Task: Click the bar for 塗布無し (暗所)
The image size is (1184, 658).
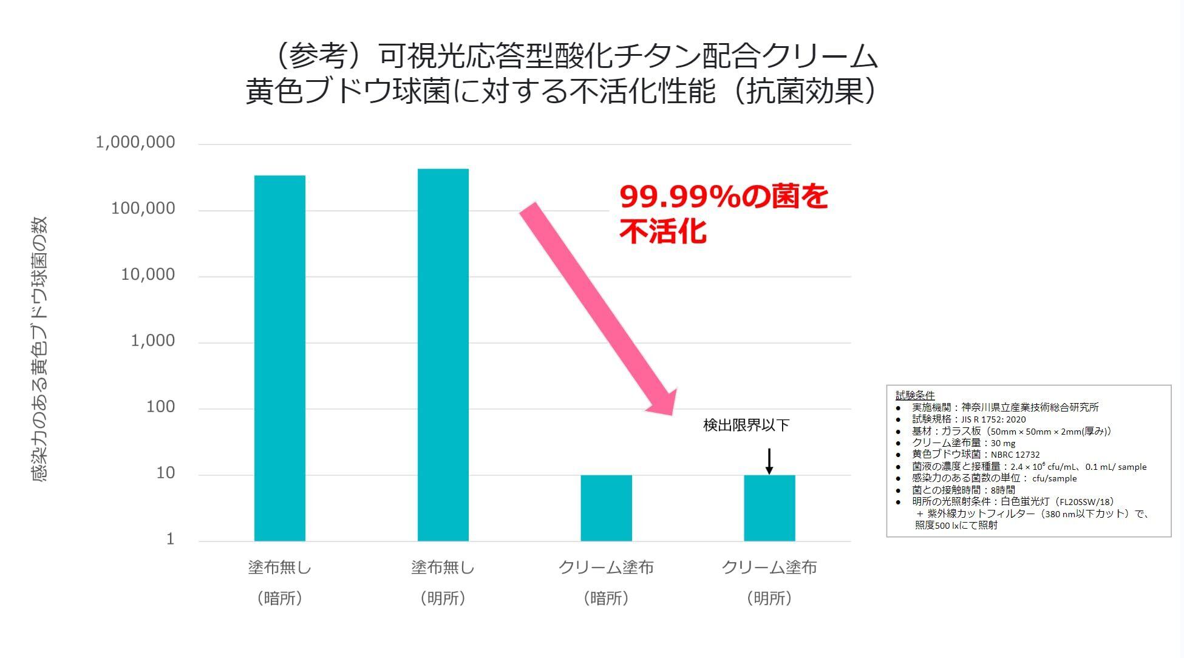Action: (279, 358)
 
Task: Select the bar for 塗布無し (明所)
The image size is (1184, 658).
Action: (443, 355)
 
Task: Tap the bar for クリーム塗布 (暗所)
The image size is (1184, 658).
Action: (606, 508)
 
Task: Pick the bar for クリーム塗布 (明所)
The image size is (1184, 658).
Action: (769, 508)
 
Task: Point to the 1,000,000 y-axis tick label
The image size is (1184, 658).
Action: (135, 143)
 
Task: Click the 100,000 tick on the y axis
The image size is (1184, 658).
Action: (143, 209)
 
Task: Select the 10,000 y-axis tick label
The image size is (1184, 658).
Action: (148, 275)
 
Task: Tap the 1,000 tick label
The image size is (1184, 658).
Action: (152, 341)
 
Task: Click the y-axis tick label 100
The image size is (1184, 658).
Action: (160, 407)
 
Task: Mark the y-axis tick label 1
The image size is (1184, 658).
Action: (170, 539)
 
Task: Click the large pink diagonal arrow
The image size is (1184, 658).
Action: (598, 310)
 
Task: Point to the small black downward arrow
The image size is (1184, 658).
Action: (769, 461)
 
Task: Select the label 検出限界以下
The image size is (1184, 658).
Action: (746, 426)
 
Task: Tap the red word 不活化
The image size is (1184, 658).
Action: (663, 231)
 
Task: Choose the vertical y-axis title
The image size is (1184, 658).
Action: (39, 349)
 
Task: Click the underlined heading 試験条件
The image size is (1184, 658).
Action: (915, 396)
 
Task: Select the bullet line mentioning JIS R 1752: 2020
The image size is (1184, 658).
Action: (968, 419)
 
